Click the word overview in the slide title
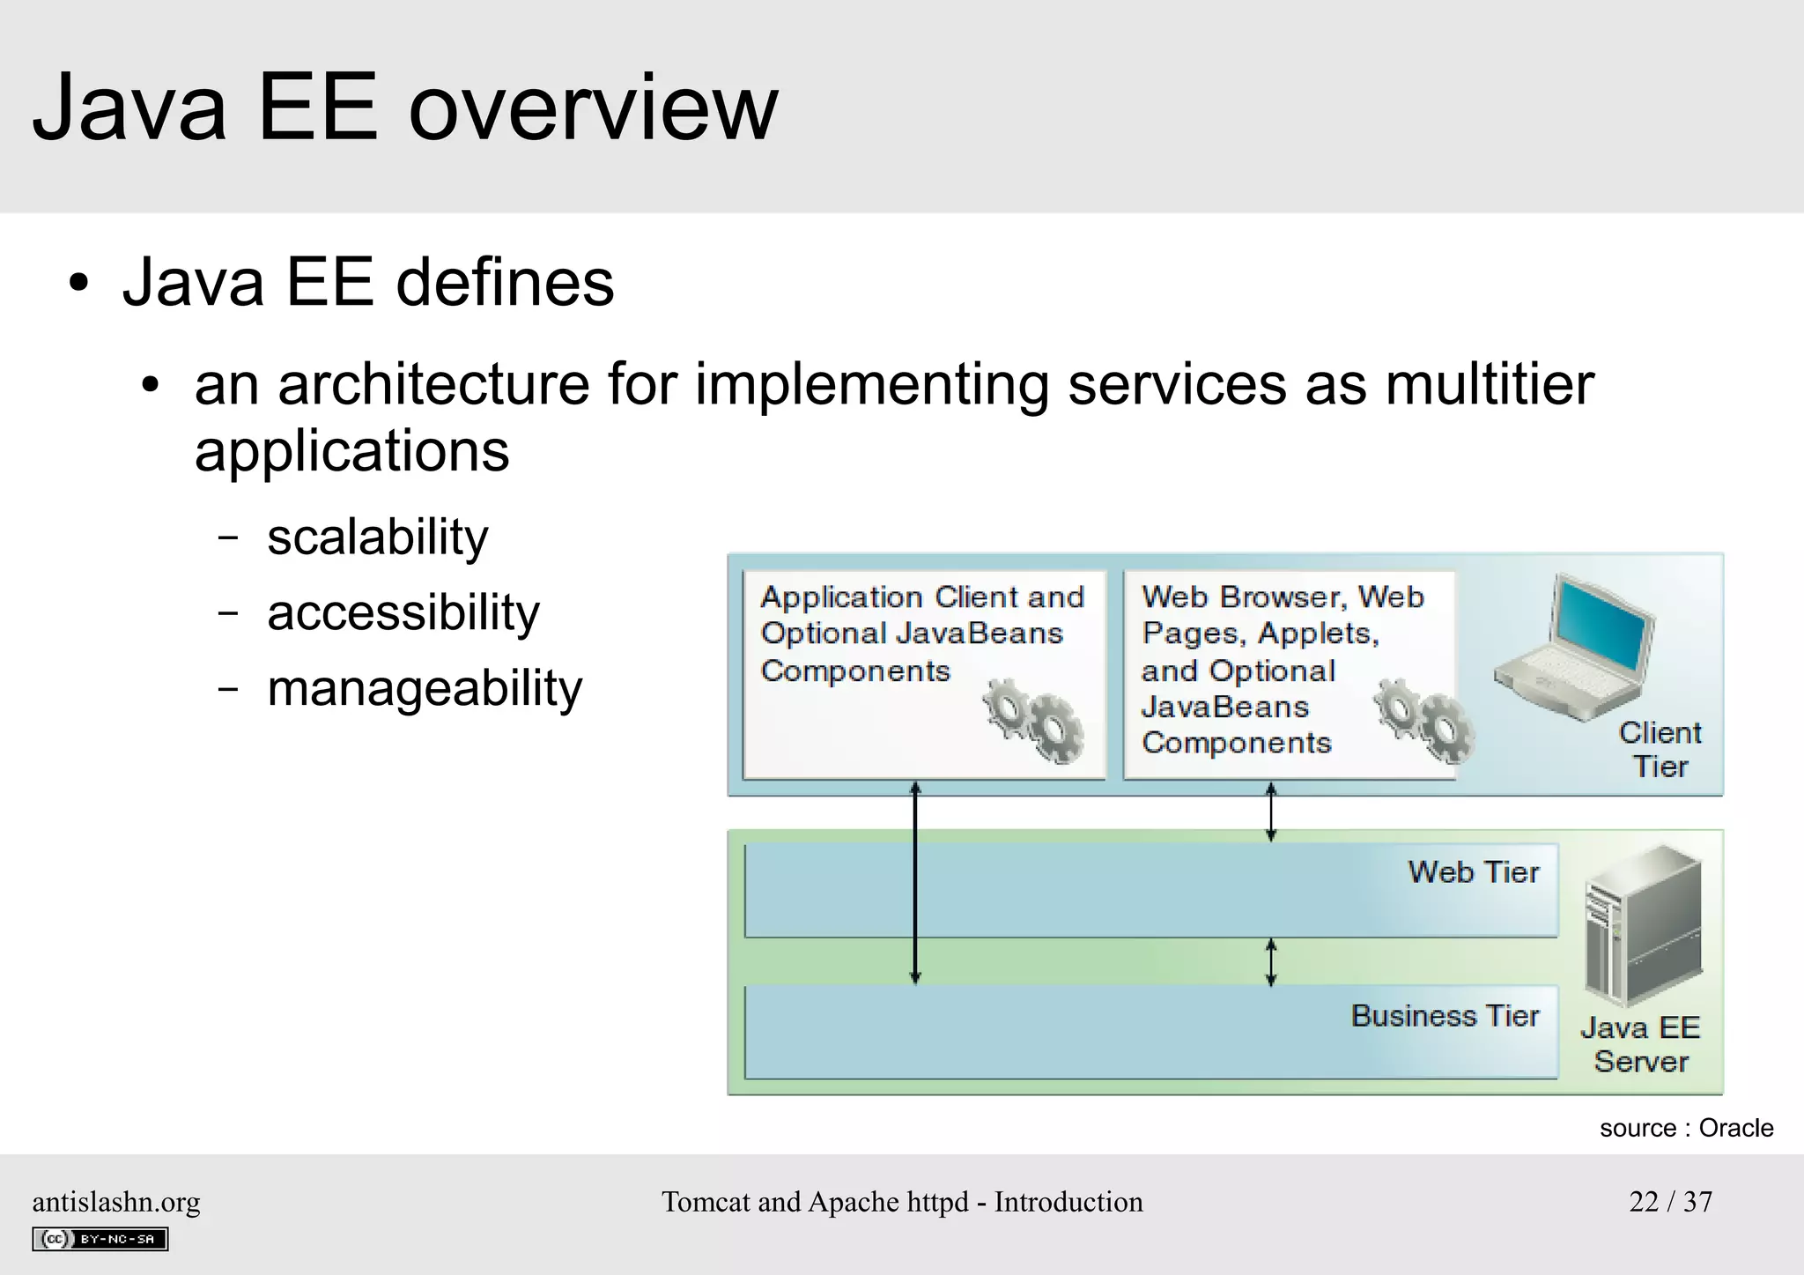click(593, 109)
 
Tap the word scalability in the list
click(377, 537)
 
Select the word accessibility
click(403, 612)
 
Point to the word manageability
click(424, 688)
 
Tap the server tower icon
click(1642, 925)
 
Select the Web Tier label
click(1473, 872)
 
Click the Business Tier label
click(1445, 1016)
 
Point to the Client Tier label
click(1660, 750)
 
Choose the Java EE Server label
click(1640, 1045)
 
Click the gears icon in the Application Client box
click(1033, 721)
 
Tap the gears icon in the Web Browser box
click(1423, 721)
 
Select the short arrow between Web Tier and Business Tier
click(1270, 961)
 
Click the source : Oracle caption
click(1686, 1128)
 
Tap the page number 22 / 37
click(1670, 1202)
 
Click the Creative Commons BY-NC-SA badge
click(100, 1239)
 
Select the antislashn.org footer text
click(116, 1202)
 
